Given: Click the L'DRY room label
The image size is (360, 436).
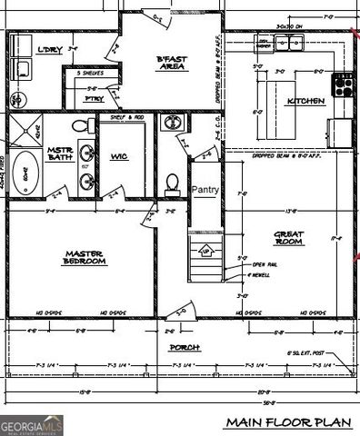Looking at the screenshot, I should pos(49,50).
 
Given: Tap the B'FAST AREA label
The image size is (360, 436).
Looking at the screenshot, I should pos(172,62).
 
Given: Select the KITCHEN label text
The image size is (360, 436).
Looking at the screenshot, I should pos(305,101).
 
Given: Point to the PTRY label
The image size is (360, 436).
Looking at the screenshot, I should pos(91,96).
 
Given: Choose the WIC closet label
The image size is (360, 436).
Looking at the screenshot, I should pos(118,156).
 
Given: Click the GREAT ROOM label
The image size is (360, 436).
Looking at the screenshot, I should pos(288,238).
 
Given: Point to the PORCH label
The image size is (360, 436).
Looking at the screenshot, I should pos(183,347).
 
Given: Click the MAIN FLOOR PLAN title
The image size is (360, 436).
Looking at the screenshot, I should pos(287,421).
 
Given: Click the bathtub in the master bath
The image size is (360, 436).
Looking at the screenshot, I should pos(25,173).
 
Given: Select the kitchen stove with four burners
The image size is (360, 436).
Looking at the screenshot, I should pos(345,84).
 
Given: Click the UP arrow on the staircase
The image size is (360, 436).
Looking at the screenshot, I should pos(206,250).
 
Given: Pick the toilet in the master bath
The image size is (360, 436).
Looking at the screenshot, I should pos(79,124).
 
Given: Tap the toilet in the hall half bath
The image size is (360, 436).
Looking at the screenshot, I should pos(173,183).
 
